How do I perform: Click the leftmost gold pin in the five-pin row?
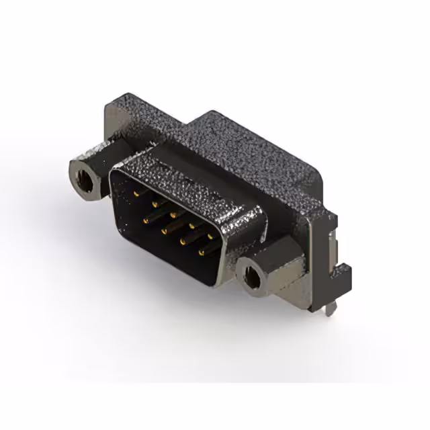coord(136,192)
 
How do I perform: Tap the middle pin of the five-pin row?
coord(175,215)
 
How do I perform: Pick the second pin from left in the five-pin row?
coord(155,203)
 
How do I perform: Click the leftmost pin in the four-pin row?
coord(144,218)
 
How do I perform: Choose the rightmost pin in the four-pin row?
coord(202,253)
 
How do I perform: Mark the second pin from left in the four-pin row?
coord(163,230)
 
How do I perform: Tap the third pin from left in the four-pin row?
coord(182,241)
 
